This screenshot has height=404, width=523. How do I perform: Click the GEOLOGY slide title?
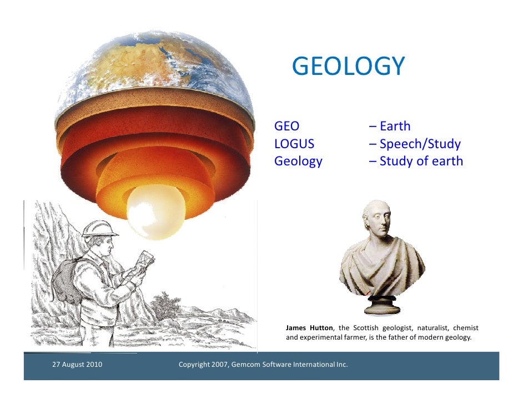point(348,67)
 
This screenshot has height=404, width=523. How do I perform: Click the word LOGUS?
point(294,144)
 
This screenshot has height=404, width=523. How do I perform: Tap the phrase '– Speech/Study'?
point(414,144)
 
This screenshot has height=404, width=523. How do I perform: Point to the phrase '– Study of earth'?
point(415,161)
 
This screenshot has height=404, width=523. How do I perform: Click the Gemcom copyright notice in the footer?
point(263,365)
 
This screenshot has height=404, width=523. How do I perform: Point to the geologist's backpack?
point(66,281)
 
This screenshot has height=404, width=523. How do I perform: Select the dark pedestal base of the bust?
point(383,306)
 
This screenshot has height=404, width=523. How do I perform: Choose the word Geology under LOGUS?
point(298,161)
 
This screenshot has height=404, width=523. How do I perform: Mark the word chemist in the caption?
point(466,328)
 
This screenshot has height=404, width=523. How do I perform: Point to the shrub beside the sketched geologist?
point(167,305)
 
